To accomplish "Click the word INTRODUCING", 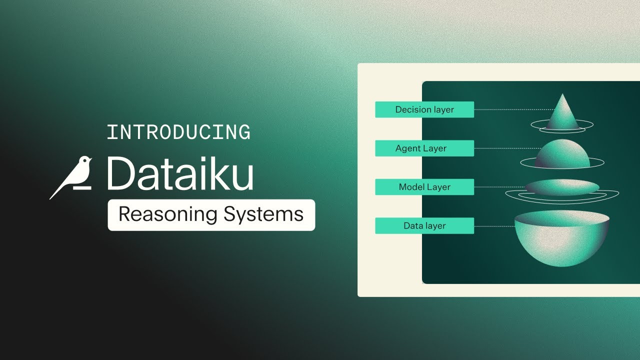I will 178,132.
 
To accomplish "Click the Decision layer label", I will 424,109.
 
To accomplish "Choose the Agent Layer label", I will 424,148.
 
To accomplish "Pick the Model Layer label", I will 424,187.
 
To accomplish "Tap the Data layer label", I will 424,226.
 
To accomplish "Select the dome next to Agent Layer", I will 562,155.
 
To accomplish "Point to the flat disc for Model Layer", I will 562,187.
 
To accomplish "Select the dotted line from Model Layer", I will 500,187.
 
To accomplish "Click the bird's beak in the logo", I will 91,160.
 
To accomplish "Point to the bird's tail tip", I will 50,198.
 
